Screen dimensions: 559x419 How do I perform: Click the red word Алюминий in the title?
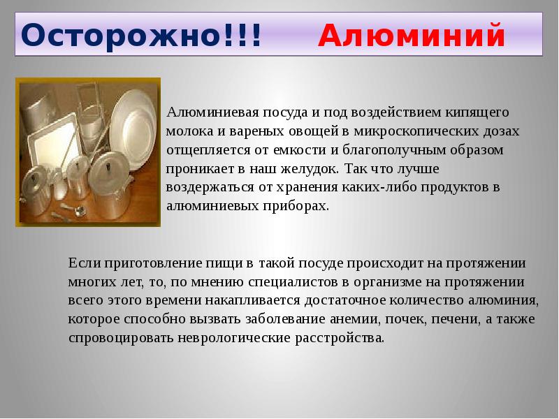(x=412, y=35)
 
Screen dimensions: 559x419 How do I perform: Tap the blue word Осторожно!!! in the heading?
(x=142, y=35)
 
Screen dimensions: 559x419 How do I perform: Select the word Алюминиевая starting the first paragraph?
(x=212, y=112)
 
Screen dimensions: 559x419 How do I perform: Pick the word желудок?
(x=310, y=169)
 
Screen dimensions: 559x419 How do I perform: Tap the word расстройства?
(x=340, y=338)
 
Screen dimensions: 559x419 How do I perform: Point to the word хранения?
(x=307, y=188)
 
